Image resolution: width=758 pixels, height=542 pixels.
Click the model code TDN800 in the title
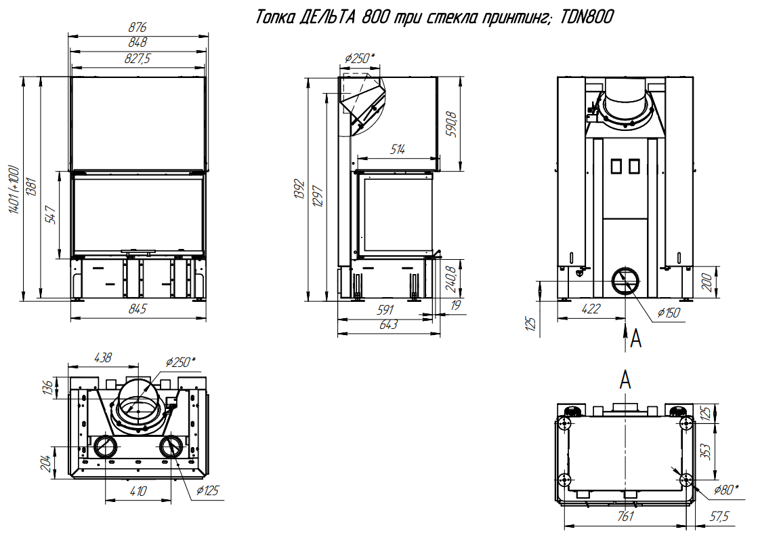click(587, 18)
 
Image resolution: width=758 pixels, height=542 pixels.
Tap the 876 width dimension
click(138, 28)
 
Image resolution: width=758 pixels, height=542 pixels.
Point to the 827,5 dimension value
click(138, 58)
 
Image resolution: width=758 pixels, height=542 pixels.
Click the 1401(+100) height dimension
click(14, 189)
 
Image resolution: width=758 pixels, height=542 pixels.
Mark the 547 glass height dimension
click(51, 214)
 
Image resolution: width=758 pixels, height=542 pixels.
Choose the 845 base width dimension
click(138, 309)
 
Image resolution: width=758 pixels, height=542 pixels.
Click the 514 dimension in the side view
click(398, 149)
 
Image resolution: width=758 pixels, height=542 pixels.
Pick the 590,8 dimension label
click(452, 124)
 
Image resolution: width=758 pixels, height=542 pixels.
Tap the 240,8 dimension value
click(451, 279)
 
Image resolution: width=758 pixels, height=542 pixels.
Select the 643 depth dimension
click(388, 325)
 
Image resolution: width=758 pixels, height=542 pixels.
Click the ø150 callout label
click(669, 313)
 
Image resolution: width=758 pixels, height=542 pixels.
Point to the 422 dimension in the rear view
click(591, 308)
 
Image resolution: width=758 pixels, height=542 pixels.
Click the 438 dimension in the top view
click(103, 357)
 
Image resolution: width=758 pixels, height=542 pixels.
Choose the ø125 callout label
click(207, 490)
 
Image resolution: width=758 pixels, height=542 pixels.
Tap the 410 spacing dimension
click(138, 491)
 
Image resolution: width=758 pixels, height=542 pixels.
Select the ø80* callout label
click(726, 490)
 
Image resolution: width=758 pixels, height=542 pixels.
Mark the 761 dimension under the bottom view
click(625, 516)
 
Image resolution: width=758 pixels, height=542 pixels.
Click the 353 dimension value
click(705, 452)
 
